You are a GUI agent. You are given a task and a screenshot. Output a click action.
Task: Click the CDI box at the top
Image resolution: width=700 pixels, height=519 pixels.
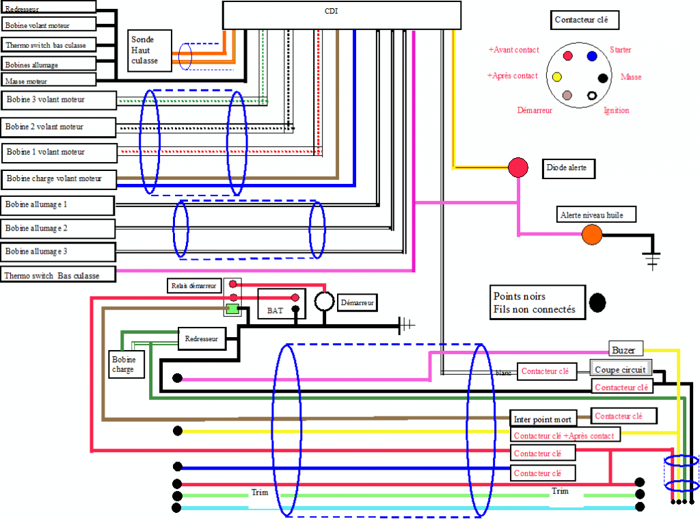pyautogui.click(x=341, y=14)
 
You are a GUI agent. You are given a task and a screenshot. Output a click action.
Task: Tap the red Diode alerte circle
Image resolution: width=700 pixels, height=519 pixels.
pyautogui.click(x=517, y=167)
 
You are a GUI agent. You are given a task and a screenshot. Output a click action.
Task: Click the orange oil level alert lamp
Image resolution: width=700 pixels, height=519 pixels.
pyautogui.click(x=592, y=235)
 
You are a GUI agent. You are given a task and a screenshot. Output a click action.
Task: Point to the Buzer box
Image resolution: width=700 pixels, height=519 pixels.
pyautogui.click(x=623, y=349)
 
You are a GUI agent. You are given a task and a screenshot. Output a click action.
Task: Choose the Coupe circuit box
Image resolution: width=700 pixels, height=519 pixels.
pyautogui.click(x=621, y=369)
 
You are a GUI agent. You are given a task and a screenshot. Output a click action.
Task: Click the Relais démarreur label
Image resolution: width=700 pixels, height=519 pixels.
pyautogui.click(x=193, y=285)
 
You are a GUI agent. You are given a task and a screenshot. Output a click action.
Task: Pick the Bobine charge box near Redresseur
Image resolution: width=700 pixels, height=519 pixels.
pyautogui.click(x=124, y=364)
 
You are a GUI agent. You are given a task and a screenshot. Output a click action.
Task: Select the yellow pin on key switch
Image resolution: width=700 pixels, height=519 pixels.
pyautogui.click(x=557, y=76)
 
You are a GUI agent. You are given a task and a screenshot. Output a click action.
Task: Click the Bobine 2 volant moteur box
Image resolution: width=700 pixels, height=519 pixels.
pyautogui.click(x=57, y=127)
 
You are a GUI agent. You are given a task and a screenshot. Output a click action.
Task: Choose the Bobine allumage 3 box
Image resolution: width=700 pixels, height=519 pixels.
pyautogui.click(x=57, y=252)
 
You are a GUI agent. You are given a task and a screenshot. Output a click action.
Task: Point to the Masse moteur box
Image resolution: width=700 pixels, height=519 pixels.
pyautogui.click(x=48, y=81)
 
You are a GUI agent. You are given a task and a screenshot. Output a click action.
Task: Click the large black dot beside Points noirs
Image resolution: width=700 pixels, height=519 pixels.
pyautogui.click(x=598, y=302)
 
